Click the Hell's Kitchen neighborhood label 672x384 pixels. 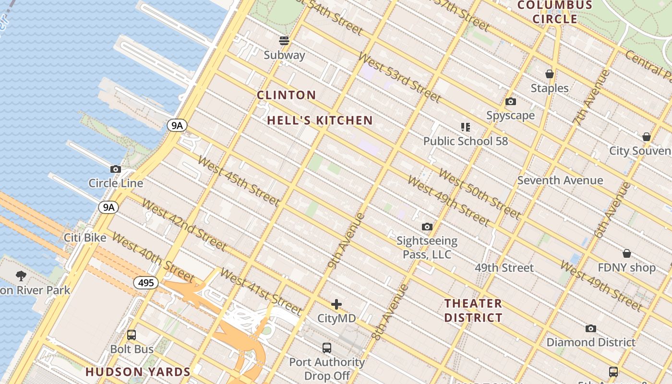(320, 120)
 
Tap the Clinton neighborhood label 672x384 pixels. (287, 95)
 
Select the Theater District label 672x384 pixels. (473, 311)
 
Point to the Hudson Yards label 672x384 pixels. (138, 372)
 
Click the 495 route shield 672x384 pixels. (145, 283)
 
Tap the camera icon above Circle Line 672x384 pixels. (116, 169)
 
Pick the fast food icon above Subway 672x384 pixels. (284, 41)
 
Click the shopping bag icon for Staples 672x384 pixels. (550, 74)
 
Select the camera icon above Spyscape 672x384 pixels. (511, 101)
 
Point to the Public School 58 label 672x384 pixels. (465, 141)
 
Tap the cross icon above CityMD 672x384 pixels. (336, 304)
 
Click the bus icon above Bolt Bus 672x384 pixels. (132, 335)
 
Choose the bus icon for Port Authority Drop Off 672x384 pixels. (327, 348)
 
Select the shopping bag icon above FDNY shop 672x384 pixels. (626, 253)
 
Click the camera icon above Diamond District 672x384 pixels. (591, 328)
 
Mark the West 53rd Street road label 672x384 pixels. (399, 78)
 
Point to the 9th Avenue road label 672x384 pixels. (347, 240)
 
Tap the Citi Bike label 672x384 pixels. (85, 238)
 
